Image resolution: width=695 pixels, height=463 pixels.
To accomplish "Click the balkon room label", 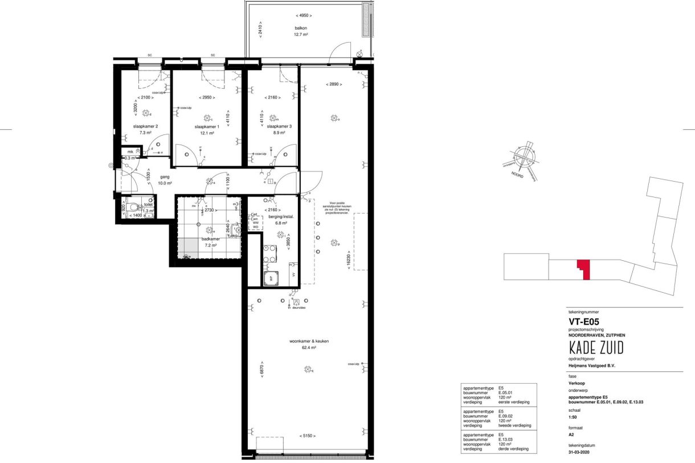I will [x=301, y=27].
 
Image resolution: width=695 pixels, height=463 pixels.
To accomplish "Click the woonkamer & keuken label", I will [x=309, y=341].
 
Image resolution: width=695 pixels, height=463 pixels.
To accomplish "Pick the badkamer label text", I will [x=210, y=239].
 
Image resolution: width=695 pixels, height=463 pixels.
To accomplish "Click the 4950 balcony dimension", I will [x=304, y=15].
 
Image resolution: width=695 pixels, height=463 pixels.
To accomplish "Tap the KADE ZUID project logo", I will [x=592, y=347].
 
